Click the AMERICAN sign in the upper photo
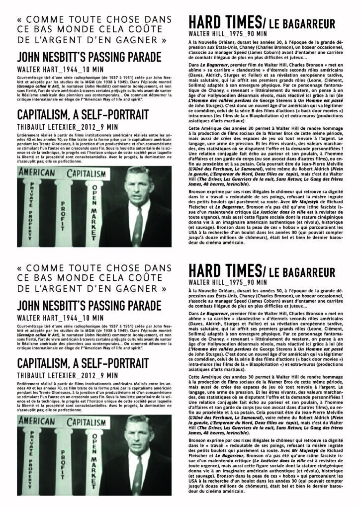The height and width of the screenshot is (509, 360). [x=36, y=173]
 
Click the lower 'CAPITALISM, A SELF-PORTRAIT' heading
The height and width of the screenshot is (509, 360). [x=83, y=362]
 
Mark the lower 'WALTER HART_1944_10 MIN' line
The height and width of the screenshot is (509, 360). [x=60, y=317]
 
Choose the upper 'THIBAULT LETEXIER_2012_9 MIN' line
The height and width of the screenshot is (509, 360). [x=67, y=126]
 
